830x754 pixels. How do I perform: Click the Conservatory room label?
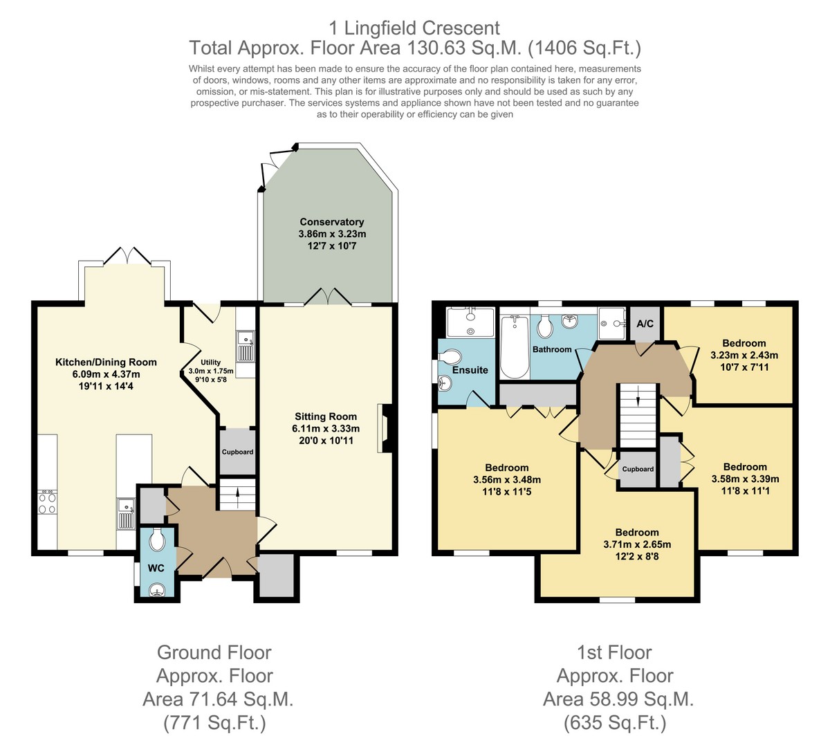332,222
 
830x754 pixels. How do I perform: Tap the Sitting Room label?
326,416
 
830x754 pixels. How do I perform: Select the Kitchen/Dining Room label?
106,362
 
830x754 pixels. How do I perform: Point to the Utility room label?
210,362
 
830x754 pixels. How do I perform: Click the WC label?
156,568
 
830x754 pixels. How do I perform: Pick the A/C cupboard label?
645,324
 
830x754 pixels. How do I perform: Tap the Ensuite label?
470,370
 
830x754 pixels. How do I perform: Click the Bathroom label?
552,349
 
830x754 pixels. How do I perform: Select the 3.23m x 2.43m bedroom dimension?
744,355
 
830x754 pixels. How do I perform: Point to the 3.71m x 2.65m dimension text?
637,544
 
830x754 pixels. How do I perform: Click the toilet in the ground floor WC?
157,540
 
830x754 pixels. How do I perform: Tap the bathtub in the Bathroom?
515,347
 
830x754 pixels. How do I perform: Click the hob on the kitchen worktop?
47,502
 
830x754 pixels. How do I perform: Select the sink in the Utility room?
246,346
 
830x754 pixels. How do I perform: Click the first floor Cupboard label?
638,469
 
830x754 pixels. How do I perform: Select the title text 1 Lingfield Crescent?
414,28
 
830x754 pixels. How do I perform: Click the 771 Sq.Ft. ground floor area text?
214,723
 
